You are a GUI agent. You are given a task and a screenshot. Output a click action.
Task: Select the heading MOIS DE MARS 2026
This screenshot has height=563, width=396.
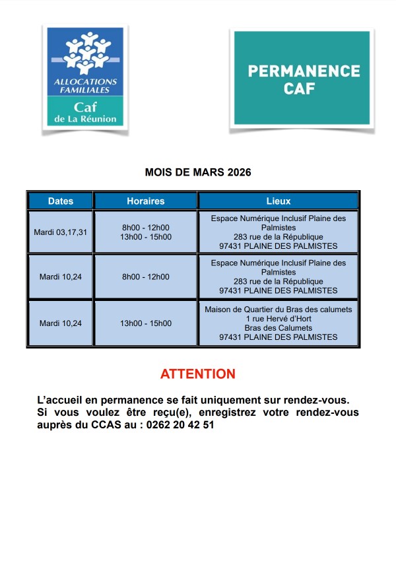198,172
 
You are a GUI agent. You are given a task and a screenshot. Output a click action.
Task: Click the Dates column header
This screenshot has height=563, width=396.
60,201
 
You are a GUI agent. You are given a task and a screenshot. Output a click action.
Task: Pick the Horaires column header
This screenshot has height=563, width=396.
146,201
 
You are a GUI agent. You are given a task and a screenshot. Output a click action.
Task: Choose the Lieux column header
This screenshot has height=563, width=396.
278,201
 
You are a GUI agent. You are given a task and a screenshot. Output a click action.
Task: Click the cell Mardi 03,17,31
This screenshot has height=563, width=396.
61,232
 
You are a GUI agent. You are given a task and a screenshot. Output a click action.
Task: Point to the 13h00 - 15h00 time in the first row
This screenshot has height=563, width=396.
146,237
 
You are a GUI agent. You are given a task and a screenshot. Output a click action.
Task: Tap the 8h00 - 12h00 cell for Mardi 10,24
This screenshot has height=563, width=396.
146,277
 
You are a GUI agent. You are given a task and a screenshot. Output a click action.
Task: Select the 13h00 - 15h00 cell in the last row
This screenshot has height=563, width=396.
146,323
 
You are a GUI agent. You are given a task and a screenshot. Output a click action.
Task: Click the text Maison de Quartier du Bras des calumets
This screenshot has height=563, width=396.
278,310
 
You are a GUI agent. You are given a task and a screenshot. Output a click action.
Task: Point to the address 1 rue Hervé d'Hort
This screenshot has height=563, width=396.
278,319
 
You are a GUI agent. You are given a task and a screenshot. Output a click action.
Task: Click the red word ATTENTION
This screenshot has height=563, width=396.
198,374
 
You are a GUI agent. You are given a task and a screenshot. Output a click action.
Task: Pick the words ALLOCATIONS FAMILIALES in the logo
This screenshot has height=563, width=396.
84,85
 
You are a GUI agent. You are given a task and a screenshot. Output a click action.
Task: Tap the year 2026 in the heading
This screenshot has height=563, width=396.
239,172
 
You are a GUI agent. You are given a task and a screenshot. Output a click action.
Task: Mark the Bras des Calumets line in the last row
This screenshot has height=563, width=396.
278,328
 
